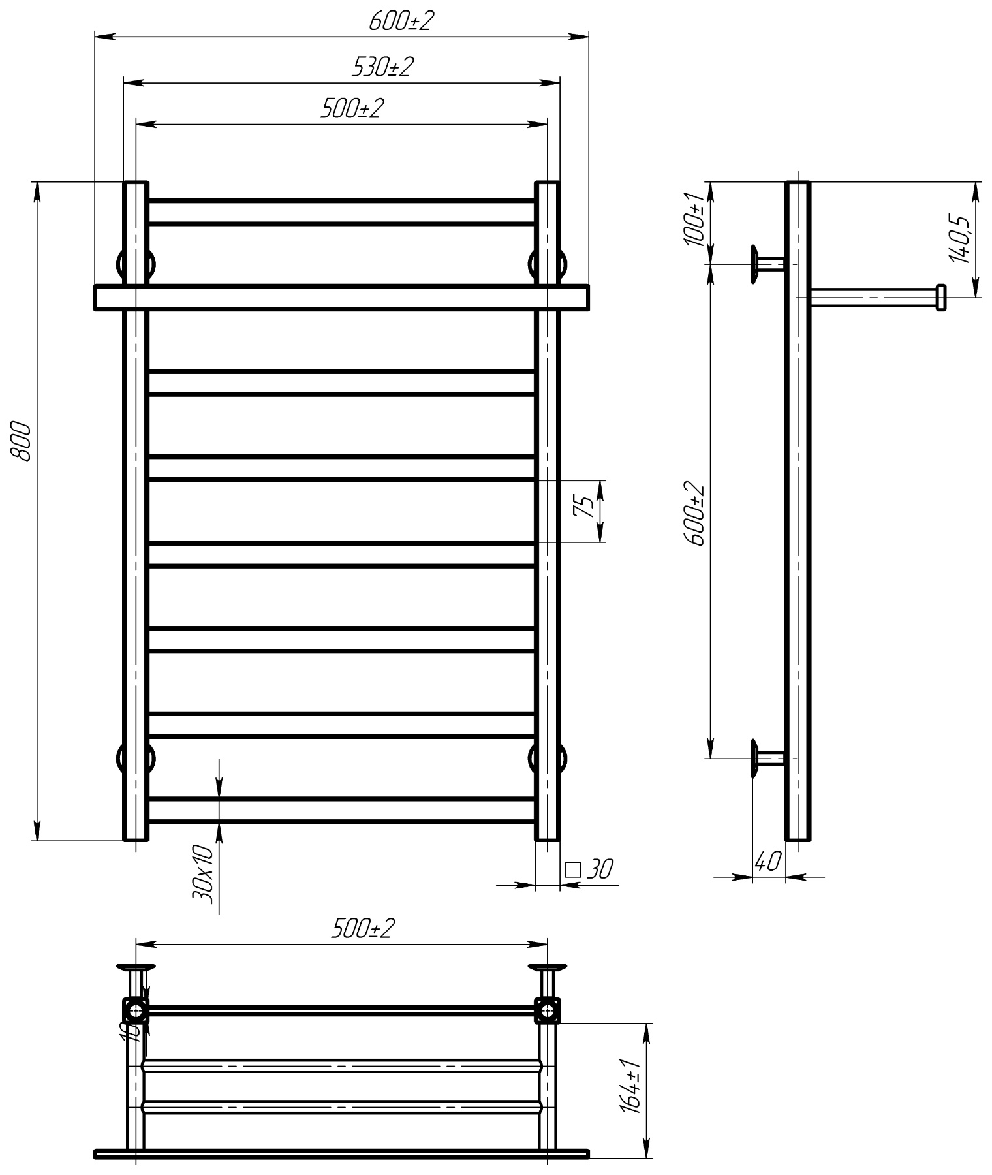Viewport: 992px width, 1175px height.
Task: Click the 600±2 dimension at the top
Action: point(401,22)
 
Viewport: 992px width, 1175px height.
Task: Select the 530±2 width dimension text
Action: point(382,67)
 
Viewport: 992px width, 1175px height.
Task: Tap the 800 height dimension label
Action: point(23,441)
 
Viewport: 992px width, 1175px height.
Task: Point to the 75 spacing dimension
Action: point(583,507)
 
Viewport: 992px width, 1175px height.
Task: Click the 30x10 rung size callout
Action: point(202,873)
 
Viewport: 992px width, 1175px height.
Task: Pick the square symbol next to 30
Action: point(573,869)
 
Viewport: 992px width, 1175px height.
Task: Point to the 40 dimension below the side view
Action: point(767,862)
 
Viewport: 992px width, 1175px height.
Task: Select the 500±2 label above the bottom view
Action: point(363,929)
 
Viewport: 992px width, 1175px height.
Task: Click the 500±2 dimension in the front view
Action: point(350,108)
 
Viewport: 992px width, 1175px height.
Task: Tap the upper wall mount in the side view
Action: point(767,264)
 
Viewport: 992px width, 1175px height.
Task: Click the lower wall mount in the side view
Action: point(767,758)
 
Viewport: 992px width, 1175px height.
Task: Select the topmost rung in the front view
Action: point(342,212)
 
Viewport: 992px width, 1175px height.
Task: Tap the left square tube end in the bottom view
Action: point(136,1011)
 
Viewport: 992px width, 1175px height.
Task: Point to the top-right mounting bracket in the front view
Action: point(548,264)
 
